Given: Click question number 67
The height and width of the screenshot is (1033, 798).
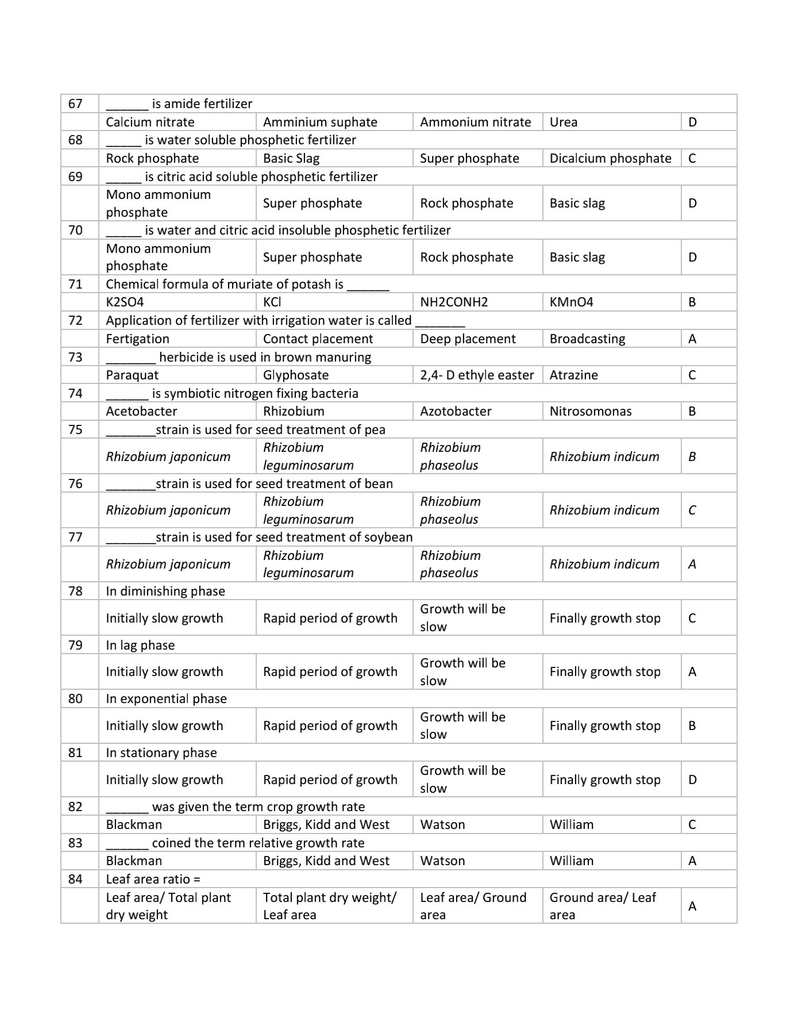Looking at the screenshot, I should coord(75,104).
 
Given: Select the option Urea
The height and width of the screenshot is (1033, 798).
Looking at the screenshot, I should coord(564,122).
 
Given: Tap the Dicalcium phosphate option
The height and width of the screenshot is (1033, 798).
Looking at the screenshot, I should coord(610,158).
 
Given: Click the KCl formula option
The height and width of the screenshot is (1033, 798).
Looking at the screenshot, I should coord(272,302).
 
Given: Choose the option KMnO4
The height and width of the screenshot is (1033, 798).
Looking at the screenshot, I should coord(571,302).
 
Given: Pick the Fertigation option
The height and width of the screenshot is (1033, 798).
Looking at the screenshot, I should coord(137,339).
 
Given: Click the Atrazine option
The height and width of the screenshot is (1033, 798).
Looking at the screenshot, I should coord(573,375).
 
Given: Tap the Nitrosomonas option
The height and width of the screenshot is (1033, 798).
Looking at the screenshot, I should coord(590,411).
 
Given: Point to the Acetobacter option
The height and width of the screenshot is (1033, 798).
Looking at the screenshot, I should coord(141,411).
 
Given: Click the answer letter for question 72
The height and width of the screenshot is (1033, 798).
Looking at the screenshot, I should coord(692,339).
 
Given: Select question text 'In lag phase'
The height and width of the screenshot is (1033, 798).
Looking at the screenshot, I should coord(140,645).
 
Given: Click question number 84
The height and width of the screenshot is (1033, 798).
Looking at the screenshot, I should coord(75,879).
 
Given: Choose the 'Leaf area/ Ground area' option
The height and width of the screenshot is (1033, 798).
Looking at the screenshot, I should coord(473,906).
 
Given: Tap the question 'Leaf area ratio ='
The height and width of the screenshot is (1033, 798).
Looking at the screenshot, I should coord(153,879).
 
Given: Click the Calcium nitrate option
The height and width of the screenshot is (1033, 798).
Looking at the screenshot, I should coord(150,122).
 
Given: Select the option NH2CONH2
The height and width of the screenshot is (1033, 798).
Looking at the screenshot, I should coord(454,302).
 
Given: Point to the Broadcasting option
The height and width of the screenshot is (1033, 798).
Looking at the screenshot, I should coord(587,339).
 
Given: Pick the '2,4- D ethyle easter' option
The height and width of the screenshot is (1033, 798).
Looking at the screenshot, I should coord(477,375).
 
